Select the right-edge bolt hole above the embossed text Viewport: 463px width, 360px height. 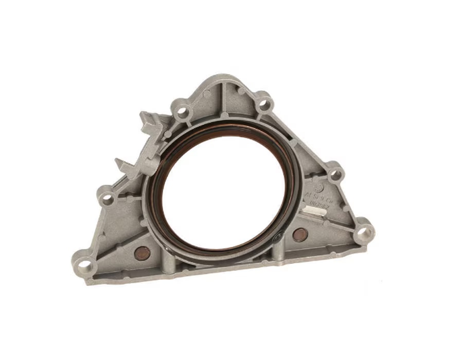[x=335, y=174]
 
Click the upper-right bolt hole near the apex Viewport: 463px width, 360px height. [x=263, y=104]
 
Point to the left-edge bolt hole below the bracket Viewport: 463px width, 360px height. [x=106, y=198]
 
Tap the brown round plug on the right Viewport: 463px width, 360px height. [x=300, y=235]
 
